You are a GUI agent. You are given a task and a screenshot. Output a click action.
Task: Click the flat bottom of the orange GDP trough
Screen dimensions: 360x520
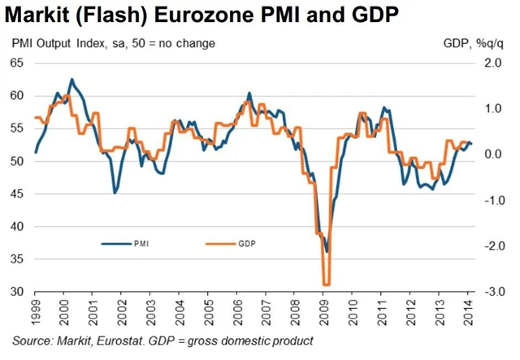pyautogui.click(x=326, y=284)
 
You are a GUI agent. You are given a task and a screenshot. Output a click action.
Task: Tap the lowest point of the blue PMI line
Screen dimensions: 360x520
pyautogui.click(x=327, y=252)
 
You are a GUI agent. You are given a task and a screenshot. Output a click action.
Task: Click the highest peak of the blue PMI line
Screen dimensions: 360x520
pyautogui.click(x=71, y=80)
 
